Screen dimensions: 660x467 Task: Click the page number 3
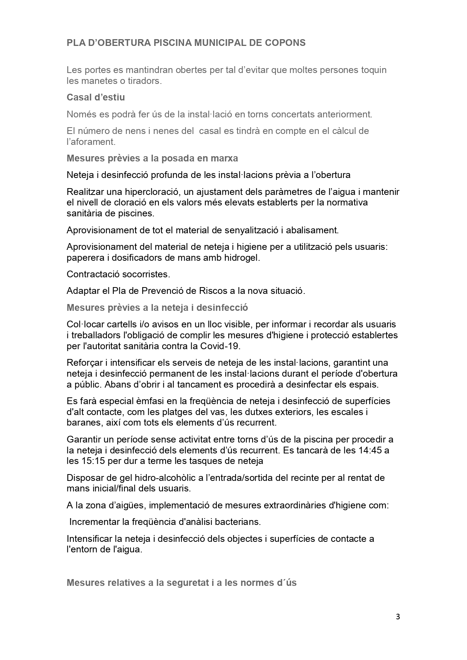(x=398, y=617)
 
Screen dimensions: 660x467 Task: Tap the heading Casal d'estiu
(x=96, y=97)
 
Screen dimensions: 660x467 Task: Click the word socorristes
(x=146, y=274)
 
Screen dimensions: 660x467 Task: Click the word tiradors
(x=143, y=81)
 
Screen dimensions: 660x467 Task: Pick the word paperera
(x=84, y=258)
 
